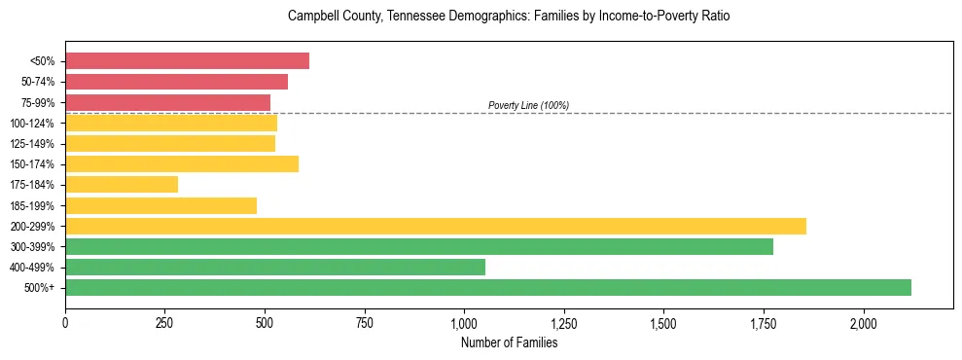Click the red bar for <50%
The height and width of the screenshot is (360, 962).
[187, 60]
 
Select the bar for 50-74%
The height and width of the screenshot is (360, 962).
[176, 82]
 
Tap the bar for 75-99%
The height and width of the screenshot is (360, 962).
[167, 102]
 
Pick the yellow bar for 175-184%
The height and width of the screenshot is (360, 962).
[122, 184]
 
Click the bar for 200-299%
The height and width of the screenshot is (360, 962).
[436, 226]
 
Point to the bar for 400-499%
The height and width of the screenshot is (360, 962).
[275, 267]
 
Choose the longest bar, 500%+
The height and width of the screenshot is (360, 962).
[488, 287]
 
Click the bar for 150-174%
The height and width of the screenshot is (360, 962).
[182, 163]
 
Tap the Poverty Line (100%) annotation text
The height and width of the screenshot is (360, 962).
[528, 105]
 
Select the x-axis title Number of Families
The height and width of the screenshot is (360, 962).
[509, 342]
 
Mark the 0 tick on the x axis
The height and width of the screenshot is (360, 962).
[65, 322]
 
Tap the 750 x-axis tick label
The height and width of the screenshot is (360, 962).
[365, 322]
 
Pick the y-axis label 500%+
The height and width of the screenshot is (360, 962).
[39, 288]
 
